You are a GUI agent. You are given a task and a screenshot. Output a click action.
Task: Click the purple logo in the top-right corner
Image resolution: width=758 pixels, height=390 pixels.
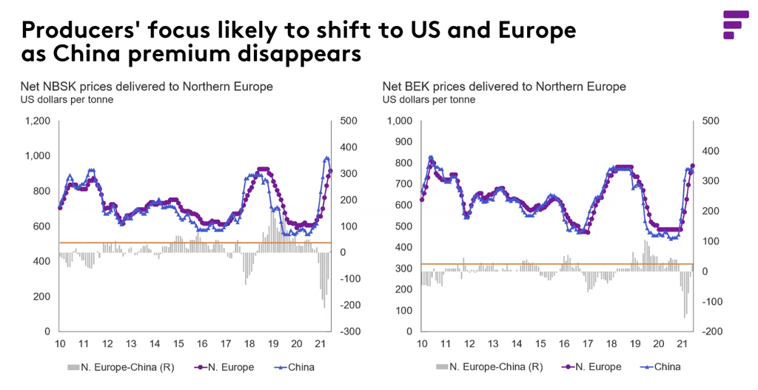[734, 24]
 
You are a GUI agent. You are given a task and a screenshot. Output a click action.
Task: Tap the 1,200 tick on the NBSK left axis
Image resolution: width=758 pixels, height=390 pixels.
[38, 121]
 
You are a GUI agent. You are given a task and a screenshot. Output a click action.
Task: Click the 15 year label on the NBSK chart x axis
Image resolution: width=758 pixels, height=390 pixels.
[178, 344]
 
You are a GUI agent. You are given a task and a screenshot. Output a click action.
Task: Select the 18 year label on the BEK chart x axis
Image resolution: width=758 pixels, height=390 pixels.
[611, 344]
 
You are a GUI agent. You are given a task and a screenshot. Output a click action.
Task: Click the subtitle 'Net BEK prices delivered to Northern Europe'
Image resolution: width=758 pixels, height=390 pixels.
[504, 87]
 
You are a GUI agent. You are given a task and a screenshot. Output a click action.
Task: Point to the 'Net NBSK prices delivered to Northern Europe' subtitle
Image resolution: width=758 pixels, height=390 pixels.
[147, 87]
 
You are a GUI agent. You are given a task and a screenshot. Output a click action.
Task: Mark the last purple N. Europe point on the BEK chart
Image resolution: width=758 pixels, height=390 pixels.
[693, 166]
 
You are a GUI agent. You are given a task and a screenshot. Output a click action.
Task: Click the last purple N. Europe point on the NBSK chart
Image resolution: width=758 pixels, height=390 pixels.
[331, 172]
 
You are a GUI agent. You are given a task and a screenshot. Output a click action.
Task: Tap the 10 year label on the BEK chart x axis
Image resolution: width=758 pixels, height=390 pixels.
[422, 344]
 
